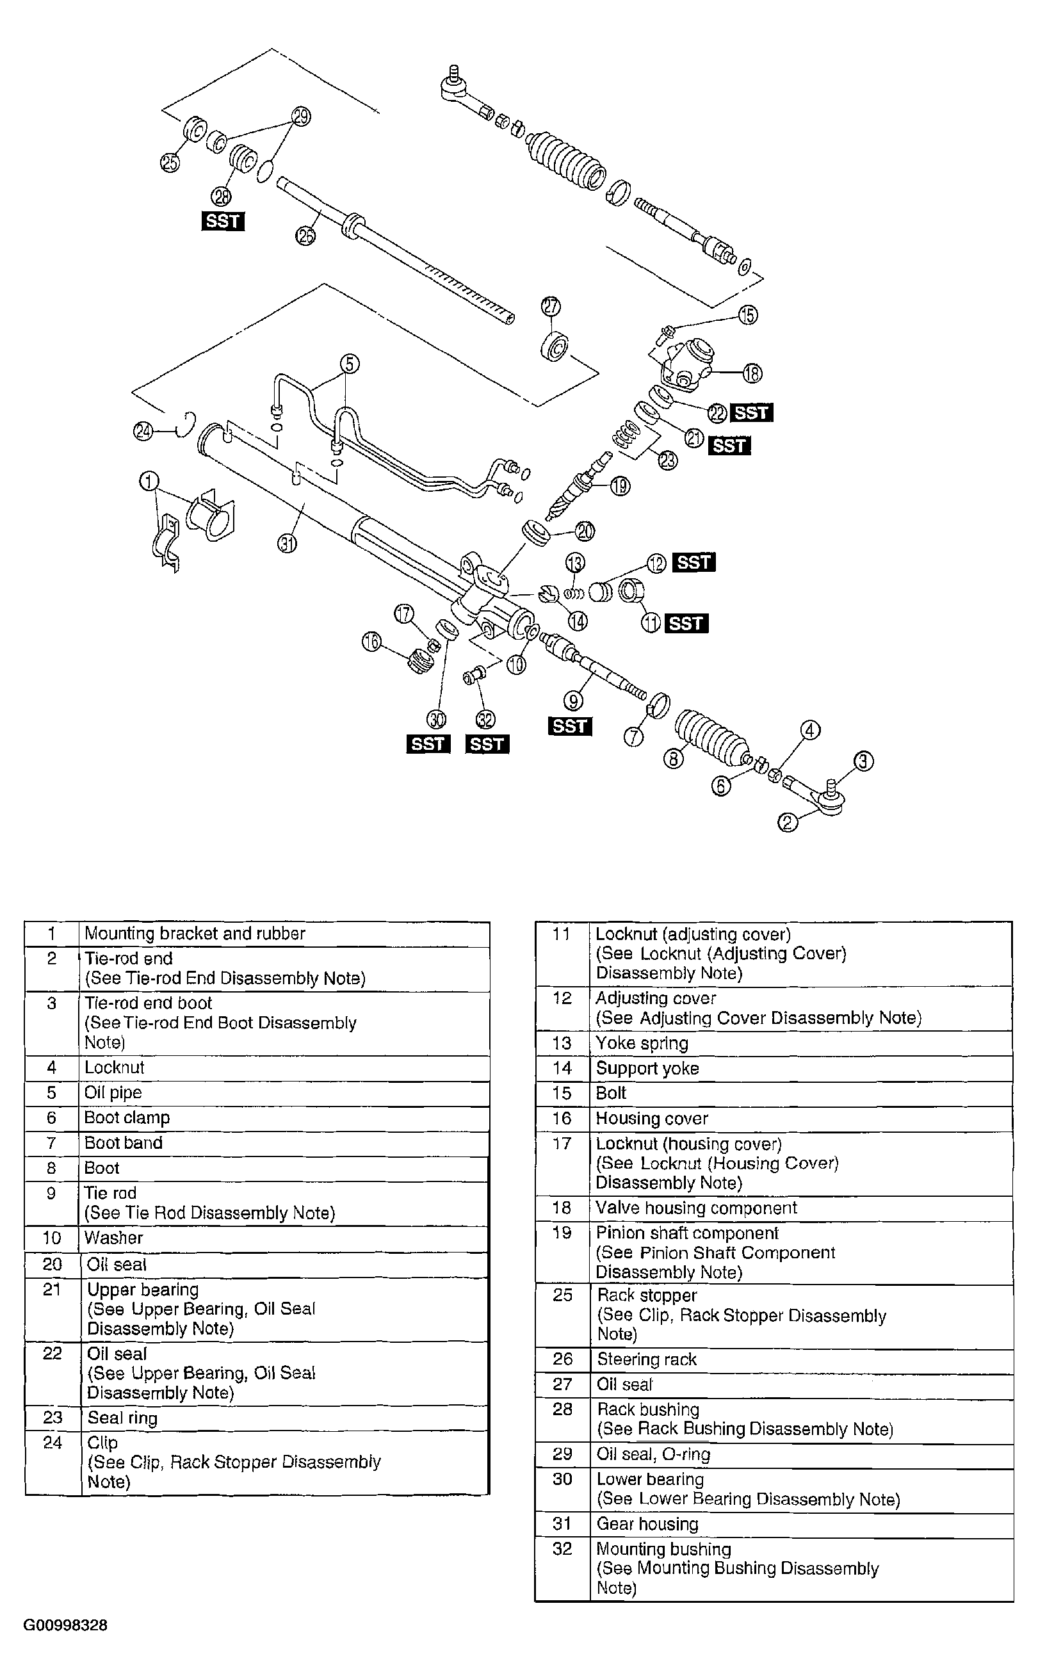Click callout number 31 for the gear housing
[287, 544]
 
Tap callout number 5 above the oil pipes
[350, 363]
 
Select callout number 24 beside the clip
[143, 432]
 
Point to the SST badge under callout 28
[223, 221]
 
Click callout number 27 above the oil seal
[551, 307]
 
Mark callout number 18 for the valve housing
[752, 373]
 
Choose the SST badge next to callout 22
[752, 412]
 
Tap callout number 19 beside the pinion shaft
[620, 486]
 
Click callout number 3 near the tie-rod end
[863, 761]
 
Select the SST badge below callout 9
[570, 726]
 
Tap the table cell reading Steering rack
[646, 1359]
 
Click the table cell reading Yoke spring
[641, 1042]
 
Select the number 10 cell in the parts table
[52, 1238]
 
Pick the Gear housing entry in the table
[647, 1524]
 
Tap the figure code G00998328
[65, 1625]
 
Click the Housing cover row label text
[651, 1118]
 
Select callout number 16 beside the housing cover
[371, 642]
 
